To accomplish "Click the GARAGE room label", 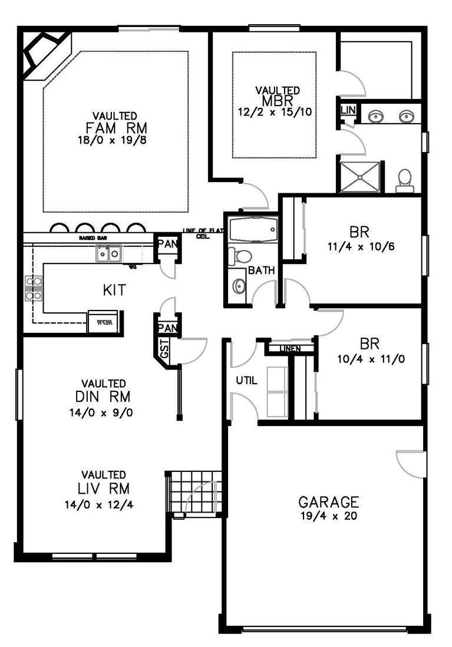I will pyautogui.click(x=328, y=502).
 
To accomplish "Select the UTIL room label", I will pyautogui.click(x=246, y=381).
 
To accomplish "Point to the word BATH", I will pyautogui.click(x=260, y=271).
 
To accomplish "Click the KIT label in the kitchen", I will pyautogui.click(x=115, y=290).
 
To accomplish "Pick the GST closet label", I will pyautogui.click(x=164, y=348).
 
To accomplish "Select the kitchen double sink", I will pyautogui.click(x=109, y=254).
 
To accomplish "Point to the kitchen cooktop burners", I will pyautogui.click(x=33, y=289).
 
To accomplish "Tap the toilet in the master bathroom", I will pyautogui.click(x=404, y=179).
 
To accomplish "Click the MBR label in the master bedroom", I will pyautogui.click(x=277, y=100).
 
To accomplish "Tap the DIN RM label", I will pyautogui.click(x=103, y=395).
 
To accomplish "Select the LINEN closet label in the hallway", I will pyautogui.click(x=290, y=349).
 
